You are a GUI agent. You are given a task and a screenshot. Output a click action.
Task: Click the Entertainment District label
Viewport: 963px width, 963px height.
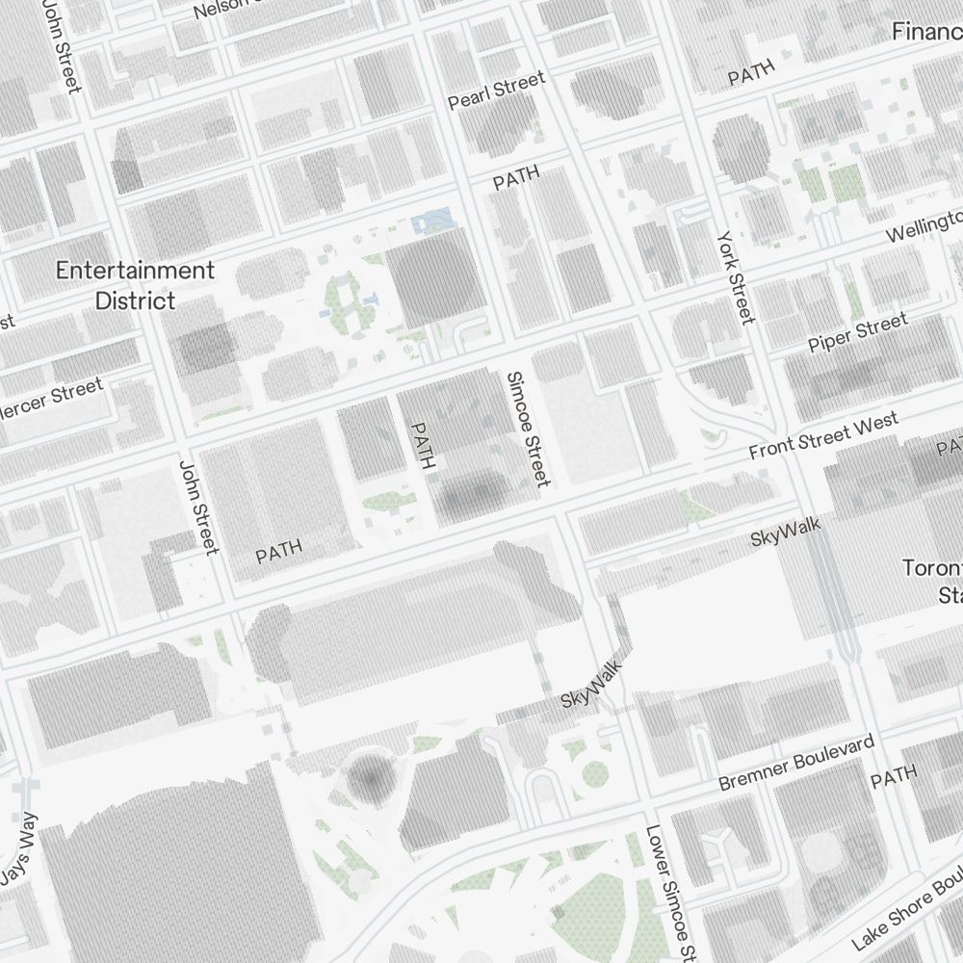tap(135, 285)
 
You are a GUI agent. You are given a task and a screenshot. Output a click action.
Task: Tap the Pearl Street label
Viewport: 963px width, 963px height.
tap(497, 90)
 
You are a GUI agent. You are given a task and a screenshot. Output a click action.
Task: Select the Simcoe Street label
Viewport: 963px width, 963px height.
tap(529, 429)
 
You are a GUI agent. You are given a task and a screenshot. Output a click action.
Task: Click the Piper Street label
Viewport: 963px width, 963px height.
tap(857, 332)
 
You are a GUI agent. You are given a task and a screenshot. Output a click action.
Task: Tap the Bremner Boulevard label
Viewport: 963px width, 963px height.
tap(796, 763)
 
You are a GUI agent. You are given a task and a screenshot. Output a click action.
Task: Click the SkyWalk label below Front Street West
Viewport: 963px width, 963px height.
tap(786, 532)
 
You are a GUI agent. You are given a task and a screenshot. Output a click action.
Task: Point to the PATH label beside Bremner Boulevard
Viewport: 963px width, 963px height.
tap(894, 776)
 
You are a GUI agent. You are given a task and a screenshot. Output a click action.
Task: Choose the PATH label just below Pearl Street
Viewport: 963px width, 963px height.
tap(516, 178)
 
